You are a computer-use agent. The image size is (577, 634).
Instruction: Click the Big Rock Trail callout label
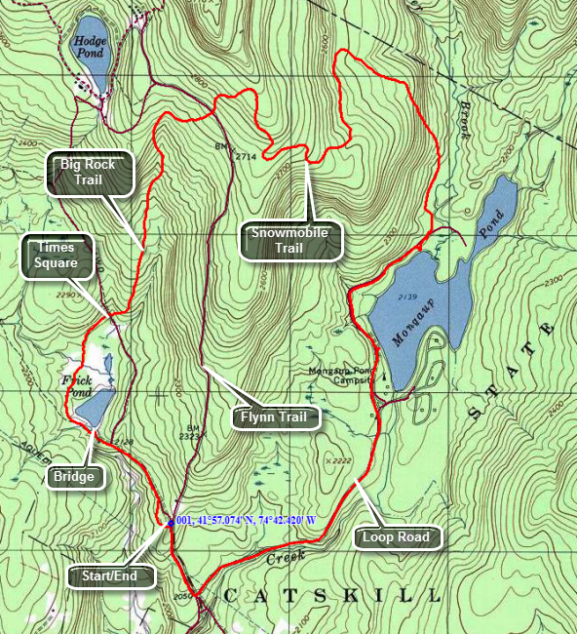tap(89, 173)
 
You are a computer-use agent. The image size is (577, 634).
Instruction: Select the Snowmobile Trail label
tap(289, 240)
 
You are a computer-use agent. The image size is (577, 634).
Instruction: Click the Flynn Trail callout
tap(274, 417)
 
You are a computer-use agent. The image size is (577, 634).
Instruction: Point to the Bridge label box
tap(74, 476)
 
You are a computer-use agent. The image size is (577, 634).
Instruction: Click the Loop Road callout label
tap(396, 536)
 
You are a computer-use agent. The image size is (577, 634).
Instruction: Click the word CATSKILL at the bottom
tap(331, 595)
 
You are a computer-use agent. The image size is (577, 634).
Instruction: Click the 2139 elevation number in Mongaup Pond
tap(408, 295)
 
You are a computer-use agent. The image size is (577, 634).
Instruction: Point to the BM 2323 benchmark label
tap(192, 433)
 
